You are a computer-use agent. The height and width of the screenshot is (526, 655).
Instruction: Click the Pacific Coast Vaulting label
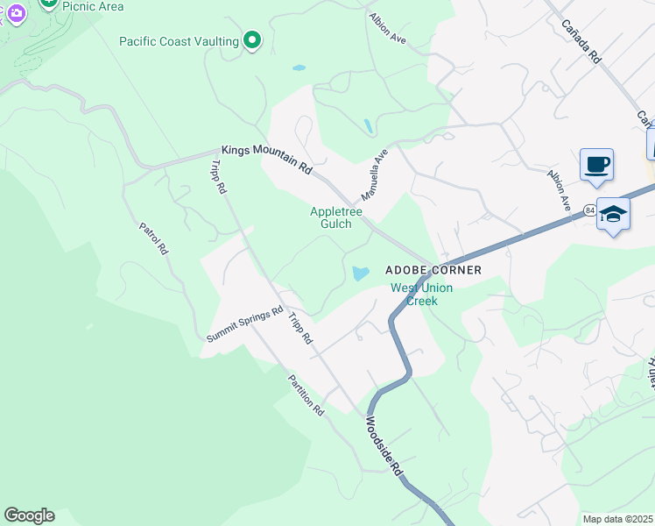[x=180, y=41]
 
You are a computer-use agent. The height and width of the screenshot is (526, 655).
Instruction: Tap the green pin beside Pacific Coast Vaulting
[x=252, y=40]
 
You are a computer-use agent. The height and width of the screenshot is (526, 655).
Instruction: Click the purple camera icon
[x=16, y=13]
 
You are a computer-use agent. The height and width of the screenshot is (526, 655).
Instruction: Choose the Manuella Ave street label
[x=374, y=174]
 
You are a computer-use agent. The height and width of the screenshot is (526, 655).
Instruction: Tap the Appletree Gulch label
[x=331, y=217]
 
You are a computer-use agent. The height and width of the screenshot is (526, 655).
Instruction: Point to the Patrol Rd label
[x=152, y=238]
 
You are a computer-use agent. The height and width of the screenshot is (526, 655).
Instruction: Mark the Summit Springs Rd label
[x=245, y=324]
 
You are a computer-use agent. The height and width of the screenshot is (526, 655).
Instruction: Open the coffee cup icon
[x=596, y=165]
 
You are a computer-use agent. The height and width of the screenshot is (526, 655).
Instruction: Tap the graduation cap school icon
[x=613, y=214]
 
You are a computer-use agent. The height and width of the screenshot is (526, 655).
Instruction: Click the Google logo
[x=29, y=515]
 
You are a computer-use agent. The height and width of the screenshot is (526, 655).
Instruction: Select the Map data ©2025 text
[x=618, y=519]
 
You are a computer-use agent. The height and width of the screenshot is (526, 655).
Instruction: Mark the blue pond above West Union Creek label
[x=359, y=274]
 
